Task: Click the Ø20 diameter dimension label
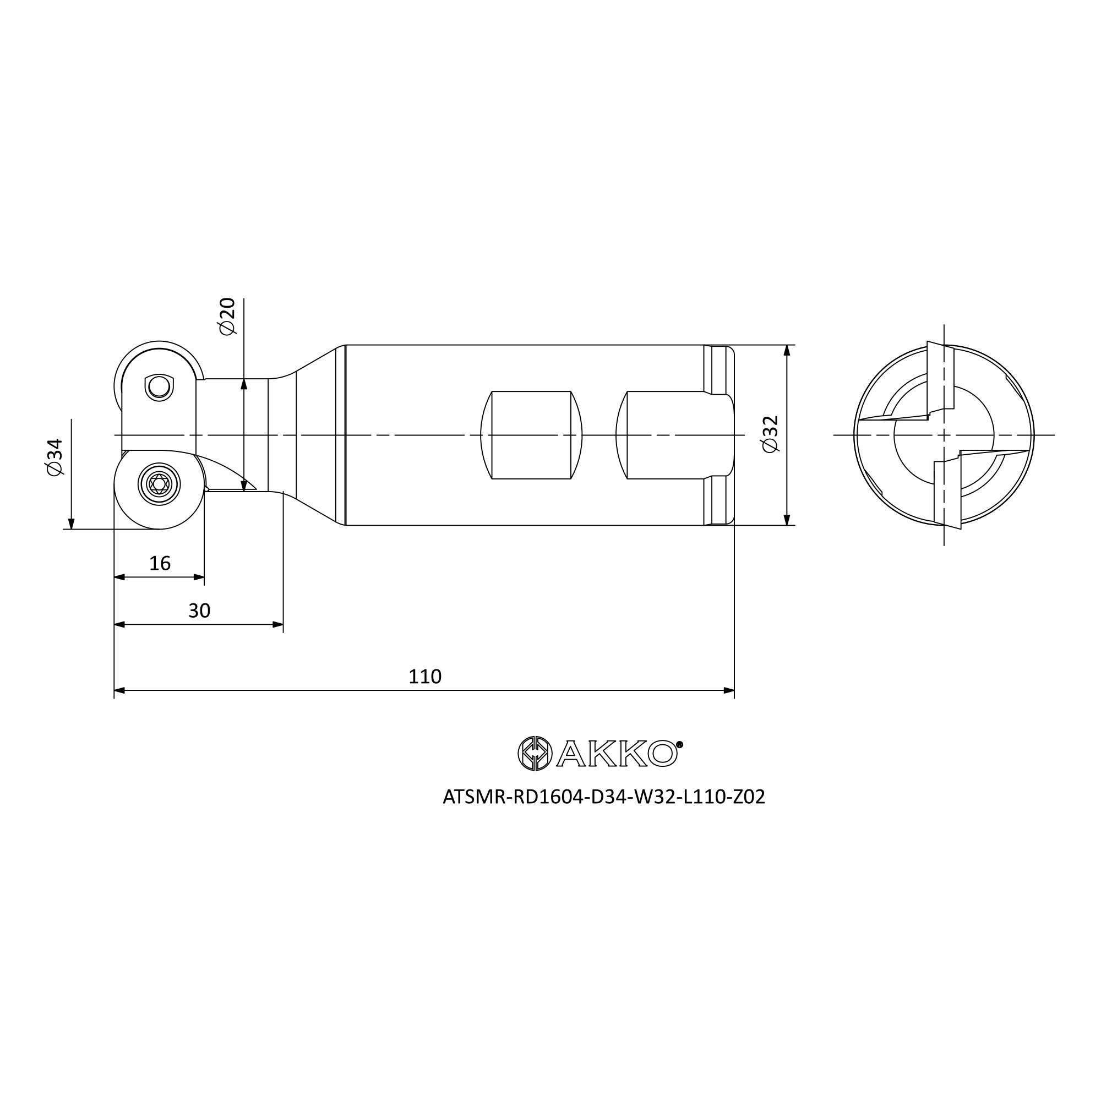point(227,317)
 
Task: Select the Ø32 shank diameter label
point(770,434)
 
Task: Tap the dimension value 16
point(160,564)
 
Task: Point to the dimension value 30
point(199,611)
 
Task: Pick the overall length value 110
point(425,677)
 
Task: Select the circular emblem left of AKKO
point(535,754)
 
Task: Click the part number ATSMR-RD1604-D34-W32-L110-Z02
point(604,797)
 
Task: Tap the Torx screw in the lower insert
point(159,484)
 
